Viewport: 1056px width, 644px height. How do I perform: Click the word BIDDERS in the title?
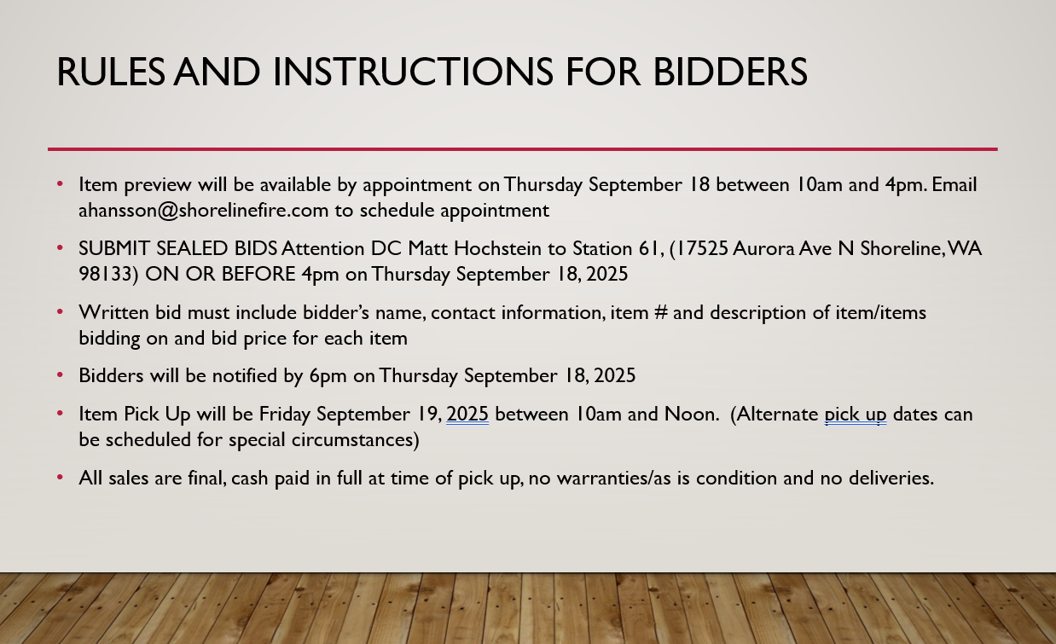(x=730, y=73)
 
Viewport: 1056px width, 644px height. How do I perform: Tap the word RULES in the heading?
(x=111, y=73)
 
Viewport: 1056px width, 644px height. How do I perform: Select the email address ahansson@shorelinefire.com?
(x=203, y=211)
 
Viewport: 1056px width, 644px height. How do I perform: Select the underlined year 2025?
(x=467, y=415)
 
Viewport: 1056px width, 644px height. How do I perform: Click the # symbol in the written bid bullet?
(x=661, y=312)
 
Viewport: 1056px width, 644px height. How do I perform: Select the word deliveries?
(x=891, y=479)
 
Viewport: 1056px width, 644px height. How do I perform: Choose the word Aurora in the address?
(x=763, y=248)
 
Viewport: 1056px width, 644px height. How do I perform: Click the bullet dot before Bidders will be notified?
(x=60, y=375)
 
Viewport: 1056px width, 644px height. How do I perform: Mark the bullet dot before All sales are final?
(x=60, y=478)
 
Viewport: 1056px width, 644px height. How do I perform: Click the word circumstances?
(x=355, y=440)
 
